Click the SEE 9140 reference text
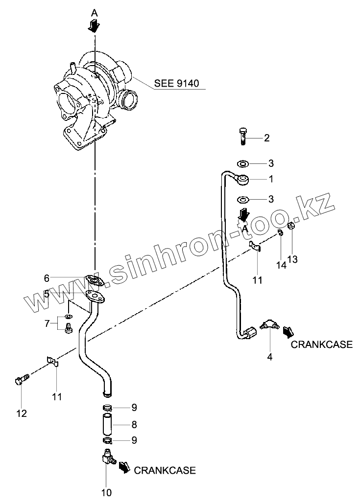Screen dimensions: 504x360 click(177, 83)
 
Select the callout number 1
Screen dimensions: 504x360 click(270, 179)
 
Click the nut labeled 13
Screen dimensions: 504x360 click(290, 226)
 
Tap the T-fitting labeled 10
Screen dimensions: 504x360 click(108, 458)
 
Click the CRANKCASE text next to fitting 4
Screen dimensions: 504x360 click(321, 344)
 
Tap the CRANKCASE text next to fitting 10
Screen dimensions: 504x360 click(165, 470)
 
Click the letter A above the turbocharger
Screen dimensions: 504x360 click(95, 14)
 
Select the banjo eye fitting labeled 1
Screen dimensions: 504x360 click(243, 180)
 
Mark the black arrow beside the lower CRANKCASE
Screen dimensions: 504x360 click(124, 467)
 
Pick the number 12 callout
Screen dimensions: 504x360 click(21, 413)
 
